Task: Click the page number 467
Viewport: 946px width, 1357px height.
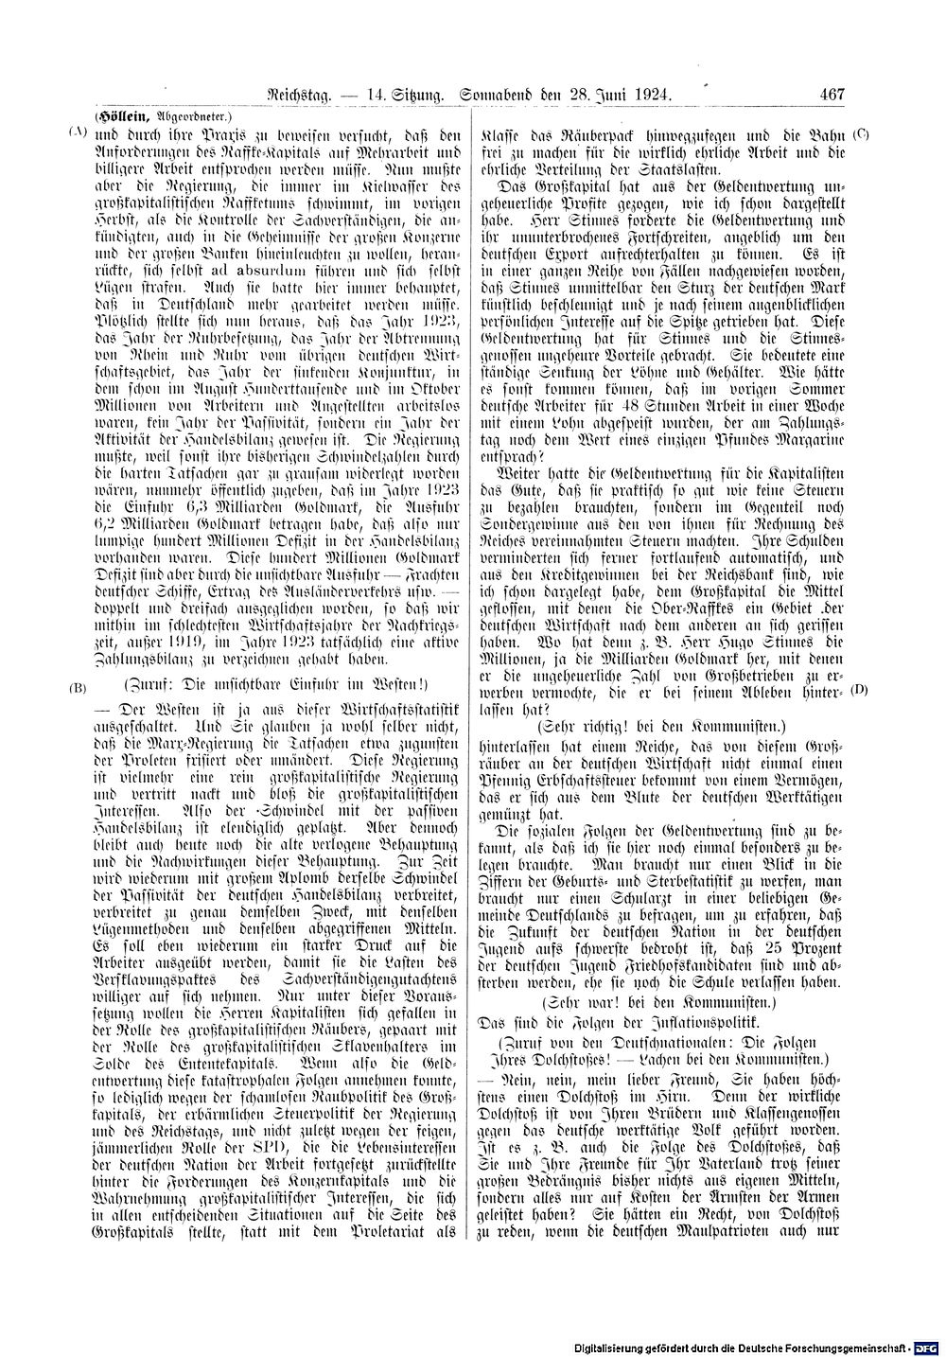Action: coord(832,95)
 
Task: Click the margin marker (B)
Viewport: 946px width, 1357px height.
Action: coord(77,686)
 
